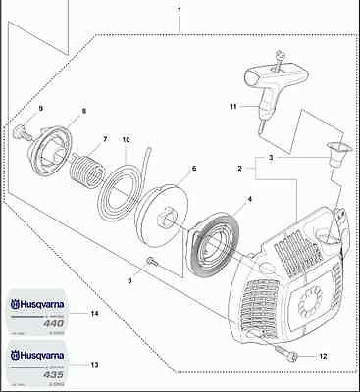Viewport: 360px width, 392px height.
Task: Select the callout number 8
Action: coord(83,111)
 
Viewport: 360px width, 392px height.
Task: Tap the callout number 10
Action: coord(126,141)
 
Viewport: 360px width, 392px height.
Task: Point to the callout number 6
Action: coord(193,169)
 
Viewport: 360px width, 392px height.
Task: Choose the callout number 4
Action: coord(248,200)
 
